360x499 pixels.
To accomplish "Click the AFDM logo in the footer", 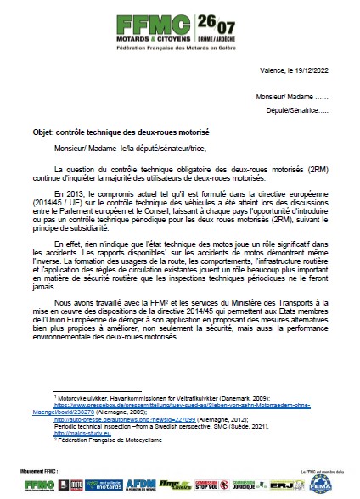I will pyautogui.click(x=138, y=483).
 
